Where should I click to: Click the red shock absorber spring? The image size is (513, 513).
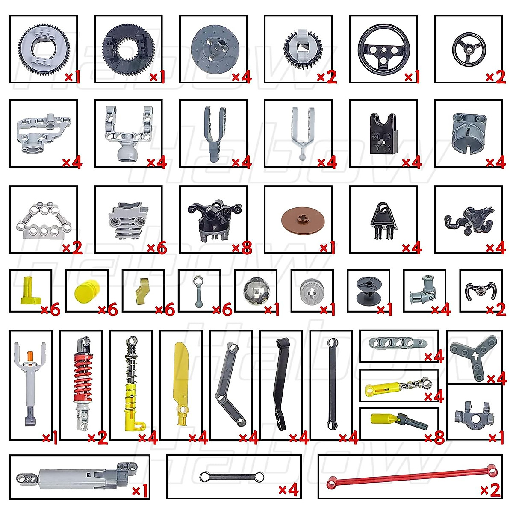(82, 372)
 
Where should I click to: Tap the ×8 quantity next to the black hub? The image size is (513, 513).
(242, 248)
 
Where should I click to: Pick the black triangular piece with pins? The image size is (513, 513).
(383, 219)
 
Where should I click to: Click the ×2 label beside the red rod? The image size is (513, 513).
(489, 490)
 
